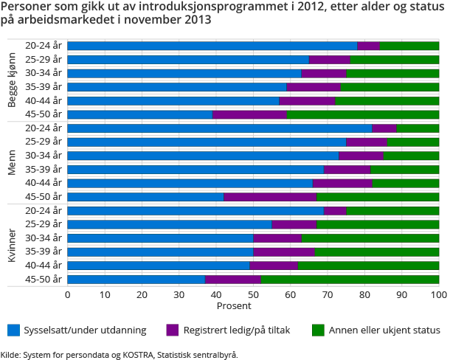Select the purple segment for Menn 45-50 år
(x=270, y=196)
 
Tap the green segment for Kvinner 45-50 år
(x=350, y=279)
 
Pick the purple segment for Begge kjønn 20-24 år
(x=368, y=46)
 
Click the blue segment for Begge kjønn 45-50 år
(x=139, y=114)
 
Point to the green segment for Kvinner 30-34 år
(x=370, y=238)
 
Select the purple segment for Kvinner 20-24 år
(x=335, y=210)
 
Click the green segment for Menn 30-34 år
(x=411, y=156)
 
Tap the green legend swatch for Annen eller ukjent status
(x=318, y=330)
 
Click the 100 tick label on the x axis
(x=439, y=295)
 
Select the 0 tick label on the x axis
(x=68, y=295)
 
